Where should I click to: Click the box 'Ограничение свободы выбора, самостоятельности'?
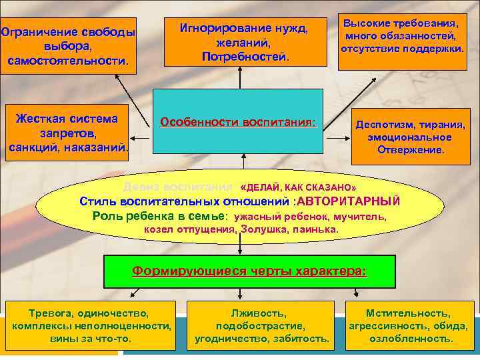click(x=67, y=47)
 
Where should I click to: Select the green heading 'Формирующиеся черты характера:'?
click(x=249, y=271)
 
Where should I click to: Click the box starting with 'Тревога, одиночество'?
click(x=91, y=325)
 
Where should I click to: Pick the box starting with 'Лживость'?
click(x=262, y=325)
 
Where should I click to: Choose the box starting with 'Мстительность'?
click(x=408, y=325)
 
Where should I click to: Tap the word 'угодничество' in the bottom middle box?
click(x=231, y=339)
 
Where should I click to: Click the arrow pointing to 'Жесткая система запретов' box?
click(x=141, y=137)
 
